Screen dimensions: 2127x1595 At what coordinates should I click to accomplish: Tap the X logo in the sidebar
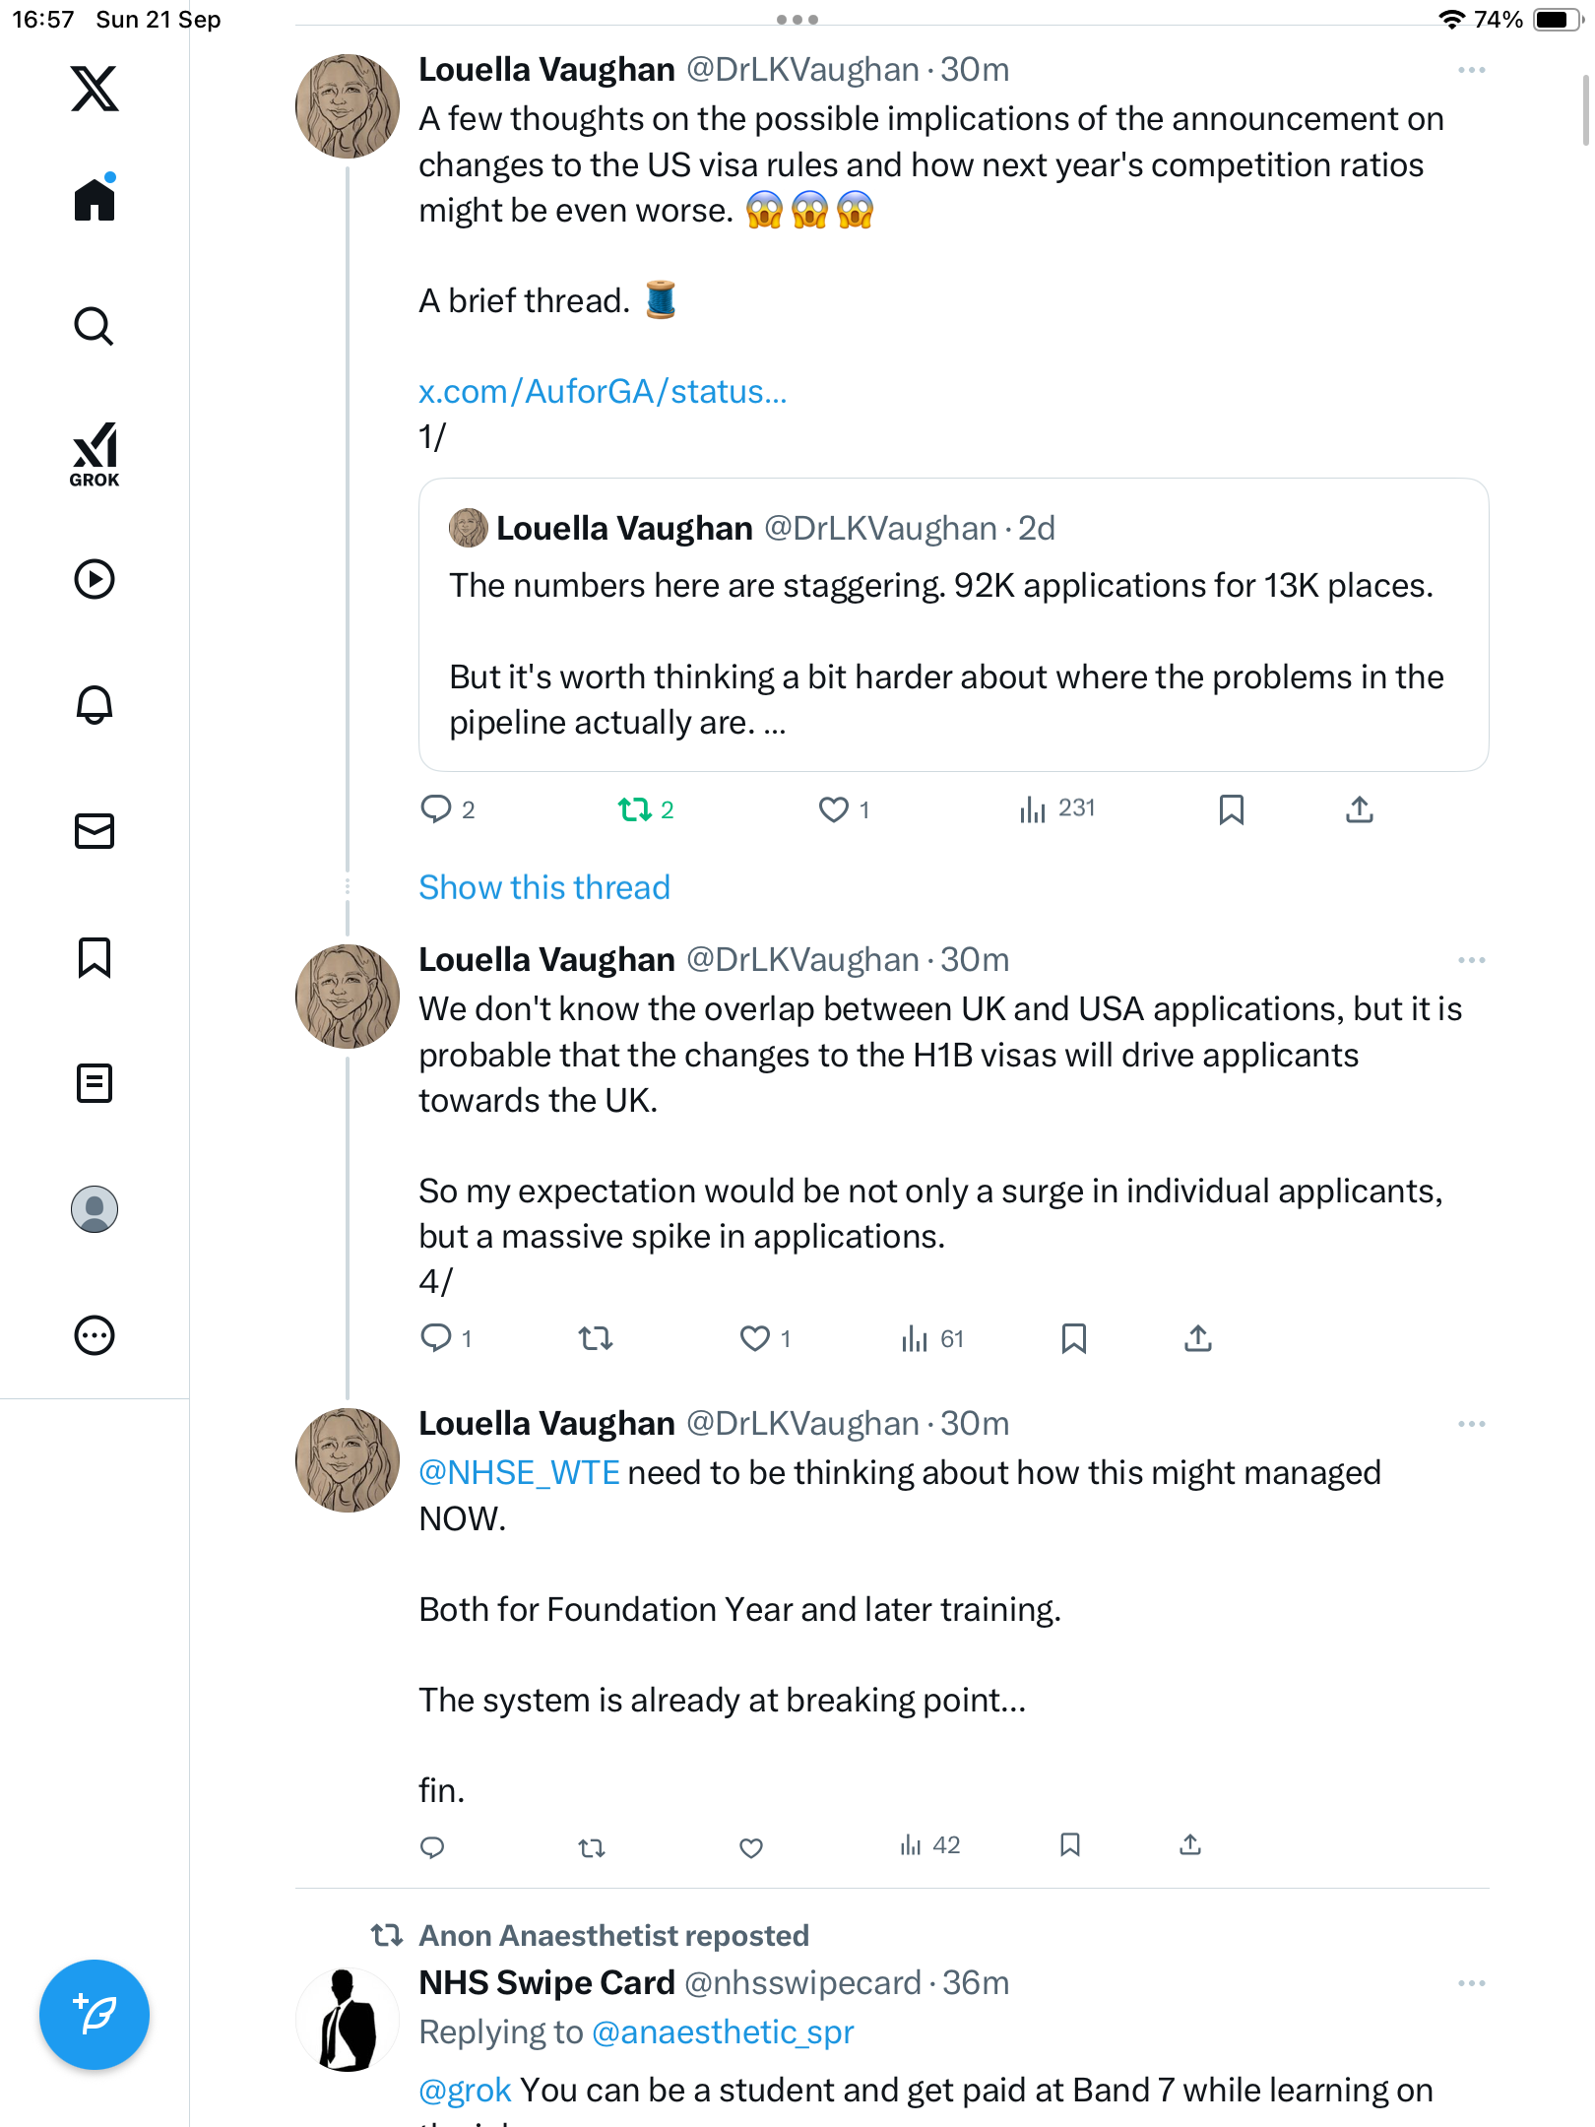[x=95, y=89]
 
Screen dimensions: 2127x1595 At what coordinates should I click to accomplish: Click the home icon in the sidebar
[x=95, y=200]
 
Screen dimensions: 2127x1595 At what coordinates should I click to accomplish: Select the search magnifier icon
[x=95, y=326]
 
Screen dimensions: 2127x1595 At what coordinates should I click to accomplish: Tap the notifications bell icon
[x=95, y=705]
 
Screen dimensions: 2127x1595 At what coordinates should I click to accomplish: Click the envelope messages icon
[x=95, y=831]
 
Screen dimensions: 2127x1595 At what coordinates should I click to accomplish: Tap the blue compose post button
[x=95, y=2015]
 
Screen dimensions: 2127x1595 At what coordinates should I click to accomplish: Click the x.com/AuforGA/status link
[x=603, y=392]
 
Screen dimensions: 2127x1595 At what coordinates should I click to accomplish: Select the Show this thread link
[x=544, y=887]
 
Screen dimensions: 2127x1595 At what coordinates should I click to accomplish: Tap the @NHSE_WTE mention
[x=519, y=1473]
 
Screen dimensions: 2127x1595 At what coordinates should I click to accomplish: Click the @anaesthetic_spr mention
[x=723, y=2032]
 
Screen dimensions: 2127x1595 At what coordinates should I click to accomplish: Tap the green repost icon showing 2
[x=635, y=809]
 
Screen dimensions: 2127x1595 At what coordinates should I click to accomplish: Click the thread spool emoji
[x=661, y=299]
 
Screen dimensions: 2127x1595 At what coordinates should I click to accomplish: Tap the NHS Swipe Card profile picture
[x=348, y=2020]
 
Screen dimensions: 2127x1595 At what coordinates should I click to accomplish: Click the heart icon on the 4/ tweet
[x=755, y=1338]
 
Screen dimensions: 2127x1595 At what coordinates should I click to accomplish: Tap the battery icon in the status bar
[x=1557, y=20]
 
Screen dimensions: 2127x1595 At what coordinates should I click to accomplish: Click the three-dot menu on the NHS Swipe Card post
[x=1472, y=1983]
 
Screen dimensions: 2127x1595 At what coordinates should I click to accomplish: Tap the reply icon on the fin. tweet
[x=432, y=1847]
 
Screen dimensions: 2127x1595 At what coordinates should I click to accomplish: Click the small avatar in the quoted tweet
[x=469, y=528]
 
